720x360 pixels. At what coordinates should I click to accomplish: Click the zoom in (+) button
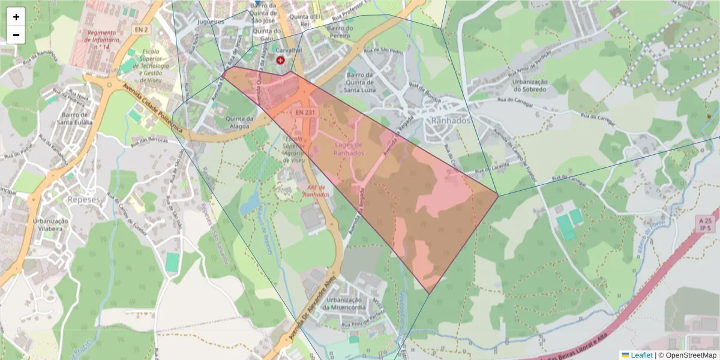pos(16,17)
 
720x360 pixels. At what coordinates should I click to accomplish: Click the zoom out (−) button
pos(16,35)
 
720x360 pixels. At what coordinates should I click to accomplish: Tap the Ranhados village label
pos(451,120)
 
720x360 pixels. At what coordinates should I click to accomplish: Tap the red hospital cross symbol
pos(280,60)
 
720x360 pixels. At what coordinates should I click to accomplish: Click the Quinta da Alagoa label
pos(240,122)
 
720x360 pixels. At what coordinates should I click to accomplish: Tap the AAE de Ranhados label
pos(316,190)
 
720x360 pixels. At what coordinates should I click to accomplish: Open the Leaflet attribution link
pos(641,355)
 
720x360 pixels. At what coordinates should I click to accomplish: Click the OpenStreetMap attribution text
pos(691,355)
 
